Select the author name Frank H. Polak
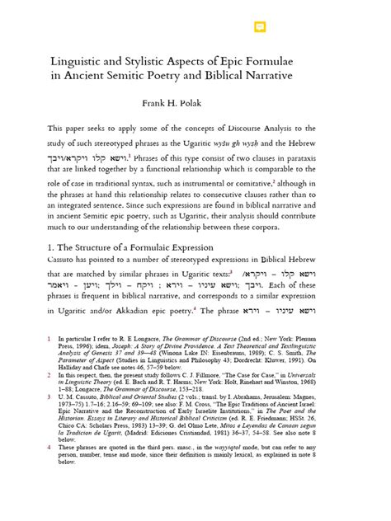[195, 106]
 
